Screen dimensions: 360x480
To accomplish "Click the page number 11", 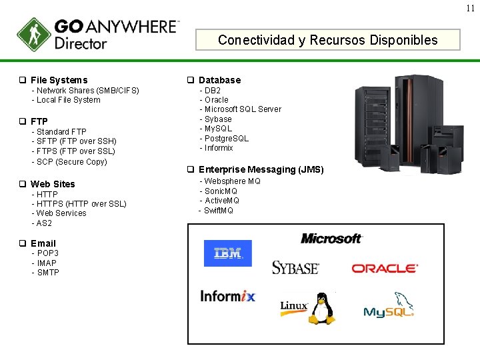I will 470,8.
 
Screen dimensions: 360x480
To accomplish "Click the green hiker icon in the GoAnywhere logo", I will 33,35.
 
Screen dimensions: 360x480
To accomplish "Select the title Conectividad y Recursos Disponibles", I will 327,40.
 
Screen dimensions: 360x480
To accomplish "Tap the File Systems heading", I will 59,80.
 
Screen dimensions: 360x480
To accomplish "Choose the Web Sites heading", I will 53,184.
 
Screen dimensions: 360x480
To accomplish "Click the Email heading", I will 43,243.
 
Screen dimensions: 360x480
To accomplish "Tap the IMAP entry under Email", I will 47,263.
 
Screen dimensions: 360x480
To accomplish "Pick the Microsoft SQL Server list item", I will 242,109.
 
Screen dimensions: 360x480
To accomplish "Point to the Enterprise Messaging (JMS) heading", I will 261,170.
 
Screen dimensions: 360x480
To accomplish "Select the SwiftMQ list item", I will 218,211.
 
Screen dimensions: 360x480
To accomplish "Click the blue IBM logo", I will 228,253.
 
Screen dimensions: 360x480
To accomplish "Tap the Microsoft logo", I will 331,238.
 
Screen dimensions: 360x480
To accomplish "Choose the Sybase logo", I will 295,267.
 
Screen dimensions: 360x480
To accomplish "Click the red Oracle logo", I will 385,268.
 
